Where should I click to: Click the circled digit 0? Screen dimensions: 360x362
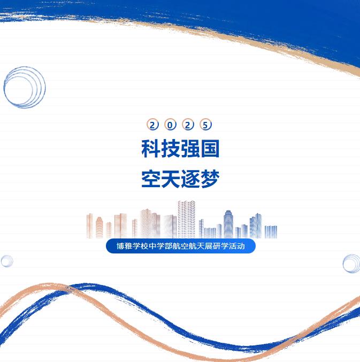(170, 125)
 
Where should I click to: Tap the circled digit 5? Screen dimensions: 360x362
(205, 125)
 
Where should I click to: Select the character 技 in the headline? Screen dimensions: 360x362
(171, 149)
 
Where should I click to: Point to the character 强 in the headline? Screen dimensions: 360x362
(190, 149)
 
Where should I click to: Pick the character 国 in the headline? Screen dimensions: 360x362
(210, 149)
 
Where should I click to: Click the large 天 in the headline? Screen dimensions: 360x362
(171, 179)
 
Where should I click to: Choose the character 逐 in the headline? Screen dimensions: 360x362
(190, 179)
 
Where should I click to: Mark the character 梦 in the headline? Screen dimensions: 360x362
(210, 179)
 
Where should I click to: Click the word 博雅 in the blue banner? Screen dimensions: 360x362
(124, 246)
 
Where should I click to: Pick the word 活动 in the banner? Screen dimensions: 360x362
(236, 246)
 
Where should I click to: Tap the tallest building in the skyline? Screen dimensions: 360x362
(186, 219)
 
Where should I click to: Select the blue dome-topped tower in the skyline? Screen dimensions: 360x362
(228, 224)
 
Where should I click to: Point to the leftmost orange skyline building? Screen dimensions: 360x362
(89, 226)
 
